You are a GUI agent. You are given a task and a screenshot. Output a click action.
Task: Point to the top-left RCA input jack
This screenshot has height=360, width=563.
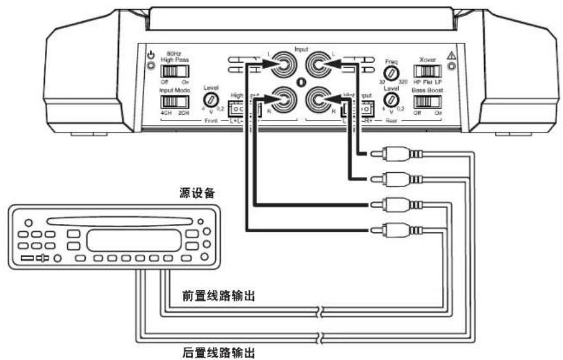282,65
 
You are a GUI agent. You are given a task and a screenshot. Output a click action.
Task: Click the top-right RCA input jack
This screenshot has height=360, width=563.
318,65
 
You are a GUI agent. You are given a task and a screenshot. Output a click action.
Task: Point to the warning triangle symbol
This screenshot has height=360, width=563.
452,56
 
